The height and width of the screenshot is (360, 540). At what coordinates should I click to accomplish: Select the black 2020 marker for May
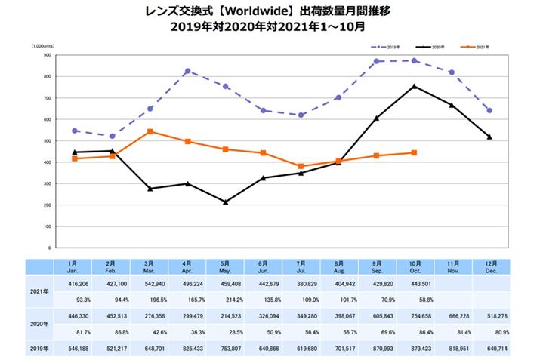pos(226,202)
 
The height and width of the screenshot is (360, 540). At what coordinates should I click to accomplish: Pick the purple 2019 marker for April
pos(187,71)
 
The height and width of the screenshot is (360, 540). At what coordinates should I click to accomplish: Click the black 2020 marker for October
pos(415,86)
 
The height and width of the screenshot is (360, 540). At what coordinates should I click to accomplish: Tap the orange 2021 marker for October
pos(415,152)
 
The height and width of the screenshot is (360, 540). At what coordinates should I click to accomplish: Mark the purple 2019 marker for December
pos(490,110)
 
